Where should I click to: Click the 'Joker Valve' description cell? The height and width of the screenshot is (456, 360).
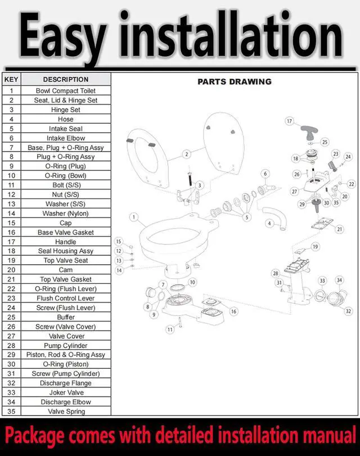point(66,392)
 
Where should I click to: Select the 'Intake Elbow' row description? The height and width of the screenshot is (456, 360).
point(66,138)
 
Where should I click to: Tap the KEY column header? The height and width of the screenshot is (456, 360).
point(11,79)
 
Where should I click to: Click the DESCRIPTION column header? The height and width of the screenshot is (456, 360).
point(66,79)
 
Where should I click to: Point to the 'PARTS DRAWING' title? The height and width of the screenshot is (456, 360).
point(235,82)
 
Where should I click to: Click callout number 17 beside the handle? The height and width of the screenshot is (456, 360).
point(289,121)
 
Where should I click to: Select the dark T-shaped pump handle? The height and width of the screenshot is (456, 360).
point(309,132)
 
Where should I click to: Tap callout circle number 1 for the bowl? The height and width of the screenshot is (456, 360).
point(134,217)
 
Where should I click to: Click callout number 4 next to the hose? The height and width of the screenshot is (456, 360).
point(269,223)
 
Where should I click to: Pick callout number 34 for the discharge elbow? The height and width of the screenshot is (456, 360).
point(339,280)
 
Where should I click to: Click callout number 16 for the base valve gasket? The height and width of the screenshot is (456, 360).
point(233,311)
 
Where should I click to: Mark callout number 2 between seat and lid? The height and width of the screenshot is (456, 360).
point(187,154)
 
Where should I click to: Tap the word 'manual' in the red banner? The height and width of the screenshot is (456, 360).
point(329,435)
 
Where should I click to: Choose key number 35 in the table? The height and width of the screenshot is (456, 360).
point(11,411)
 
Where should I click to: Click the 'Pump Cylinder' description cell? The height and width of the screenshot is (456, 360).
point(66,345)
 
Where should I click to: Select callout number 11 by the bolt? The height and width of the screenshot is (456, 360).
point(170,329)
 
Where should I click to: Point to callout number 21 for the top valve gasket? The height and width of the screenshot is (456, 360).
point(340,229)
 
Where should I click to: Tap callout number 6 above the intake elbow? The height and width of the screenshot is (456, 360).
point(265,174)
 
